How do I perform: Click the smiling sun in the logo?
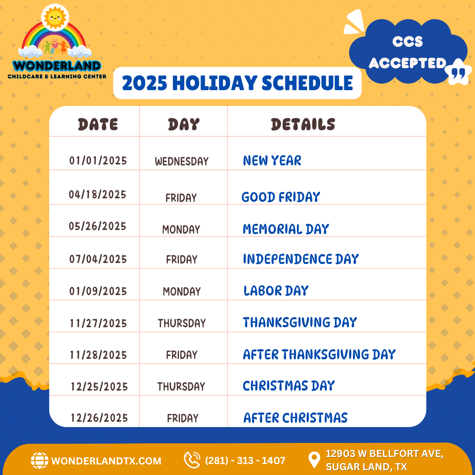click(x=55, y=17)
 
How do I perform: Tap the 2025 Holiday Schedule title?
click(x=237, y=83)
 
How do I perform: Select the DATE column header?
click(x=98, y=124)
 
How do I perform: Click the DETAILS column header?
click(x=303, y=124)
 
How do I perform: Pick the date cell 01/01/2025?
click(x=98, y=161)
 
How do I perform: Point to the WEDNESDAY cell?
click(x=182, y=161)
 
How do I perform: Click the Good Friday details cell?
click(x=281, y=197)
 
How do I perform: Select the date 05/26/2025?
click(x=97, y=226)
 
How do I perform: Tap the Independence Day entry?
click(x=301, y=259)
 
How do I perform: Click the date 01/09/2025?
click(x=98, y=291)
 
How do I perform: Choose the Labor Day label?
click(x=276, y=291)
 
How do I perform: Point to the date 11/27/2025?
click(x=98, y=323)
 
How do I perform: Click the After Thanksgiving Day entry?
click(x=319, y=354)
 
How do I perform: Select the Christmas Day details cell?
click(x=289, y=386)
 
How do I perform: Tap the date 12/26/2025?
click(x=99, y=418)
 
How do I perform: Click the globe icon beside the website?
click(x=40, y=460)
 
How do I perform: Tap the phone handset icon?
click(x=192, y=460)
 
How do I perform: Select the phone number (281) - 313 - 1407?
click(x=245, y=460)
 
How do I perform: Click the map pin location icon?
click(x=314, y=460)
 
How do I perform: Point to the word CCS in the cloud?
click(x=407, y=41)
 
